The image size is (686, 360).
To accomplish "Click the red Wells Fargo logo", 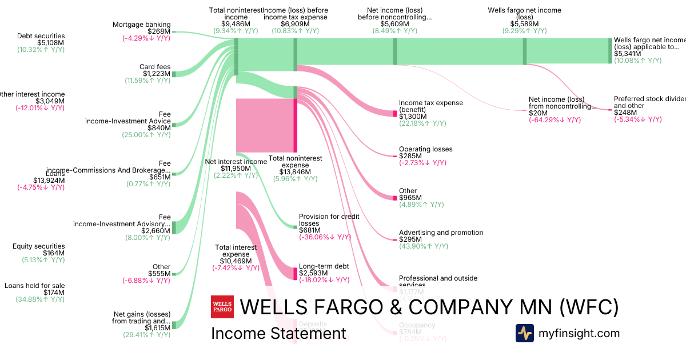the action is point(222,307).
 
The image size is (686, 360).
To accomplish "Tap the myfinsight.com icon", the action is point(524,333).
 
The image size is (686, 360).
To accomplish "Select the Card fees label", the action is point(155,67).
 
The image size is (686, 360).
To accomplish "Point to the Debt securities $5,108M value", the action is point(51,43).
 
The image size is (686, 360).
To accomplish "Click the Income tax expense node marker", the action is point(394,113).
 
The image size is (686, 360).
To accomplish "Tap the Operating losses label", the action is point(425,149).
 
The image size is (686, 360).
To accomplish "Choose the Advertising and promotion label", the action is point(441,233).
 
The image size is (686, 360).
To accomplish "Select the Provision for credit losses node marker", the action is point(295,227).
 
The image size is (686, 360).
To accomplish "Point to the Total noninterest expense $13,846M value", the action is point(295,172).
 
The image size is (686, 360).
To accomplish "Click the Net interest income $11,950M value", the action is point(236,169).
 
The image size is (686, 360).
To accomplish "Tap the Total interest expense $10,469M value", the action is point(236,261).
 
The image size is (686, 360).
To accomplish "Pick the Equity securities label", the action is point(39,246).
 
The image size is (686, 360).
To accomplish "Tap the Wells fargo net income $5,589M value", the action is point(524,24).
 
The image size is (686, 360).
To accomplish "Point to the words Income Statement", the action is point(278,334).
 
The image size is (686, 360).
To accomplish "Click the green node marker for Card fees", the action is point(174,74).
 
